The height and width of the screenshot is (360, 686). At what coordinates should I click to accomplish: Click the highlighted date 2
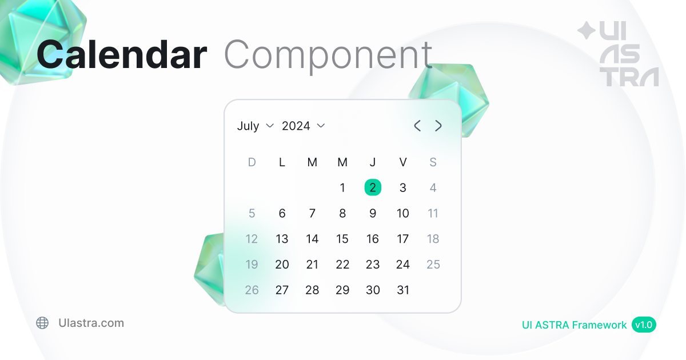coord(373,187)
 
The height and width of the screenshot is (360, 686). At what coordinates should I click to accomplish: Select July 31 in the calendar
coord(403,290)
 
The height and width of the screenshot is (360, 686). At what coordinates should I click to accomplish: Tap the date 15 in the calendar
coord(342,239)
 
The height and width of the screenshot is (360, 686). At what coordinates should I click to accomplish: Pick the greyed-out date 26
coord(252,290)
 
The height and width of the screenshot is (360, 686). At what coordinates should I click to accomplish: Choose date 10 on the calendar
coord(402,213)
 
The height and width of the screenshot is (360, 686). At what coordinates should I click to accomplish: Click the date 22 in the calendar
coord(342,264)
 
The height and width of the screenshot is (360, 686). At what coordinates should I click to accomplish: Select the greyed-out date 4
coord(433,187)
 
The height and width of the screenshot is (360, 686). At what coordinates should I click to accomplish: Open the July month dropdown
coord(255,126)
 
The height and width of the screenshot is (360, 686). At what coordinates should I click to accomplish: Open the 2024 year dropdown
coord(303,126)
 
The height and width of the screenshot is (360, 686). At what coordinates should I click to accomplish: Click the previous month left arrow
coord(417,126)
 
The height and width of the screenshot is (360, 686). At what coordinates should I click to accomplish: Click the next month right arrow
coord(438,126)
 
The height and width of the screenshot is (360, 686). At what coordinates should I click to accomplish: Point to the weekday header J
coord(373,162)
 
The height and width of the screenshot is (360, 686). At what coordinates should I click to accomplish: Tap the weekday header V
coord(403,162)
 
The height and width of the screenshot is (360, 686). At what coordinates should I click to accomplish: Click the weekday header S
coord(433,162)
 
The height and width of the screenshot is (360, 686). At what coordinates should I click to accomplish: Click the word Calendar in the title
coord(122,54)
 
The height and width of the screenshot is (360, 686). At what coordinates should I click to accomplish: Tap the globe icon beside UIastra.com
coord(42,323)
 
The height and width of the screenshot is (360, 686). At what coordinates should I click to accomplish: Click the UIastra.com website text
coord(91,323)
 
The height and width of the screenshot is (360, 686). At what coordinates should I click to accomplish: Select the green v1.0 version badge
coord(644,325)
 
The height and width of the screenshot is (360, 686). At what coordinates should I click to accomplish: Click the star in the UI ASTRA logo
coord(587,31)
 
